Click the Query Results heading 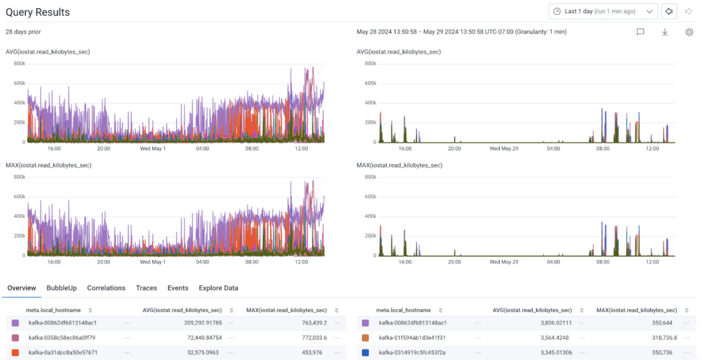point(38,12)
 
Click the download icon point(664,32)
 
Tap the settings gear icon point(689,32)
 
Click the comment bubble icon point(640,32)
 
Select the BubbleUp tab point(62,288)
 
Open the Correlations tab point(106,288)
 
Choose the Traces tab point(146,288)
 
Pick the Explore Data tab point(219,288)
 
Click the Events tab point(178,288)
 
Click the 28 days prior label point(23,32)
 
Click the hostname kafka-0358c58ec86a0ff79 point(62,337)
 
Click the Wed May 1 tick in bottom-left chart point(154,261)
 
